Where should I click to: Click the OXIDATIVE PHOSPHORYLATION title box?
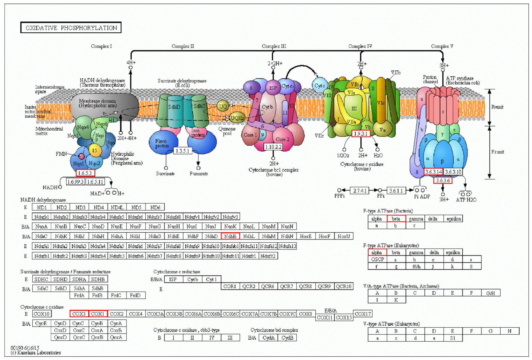click(x=71, y=28)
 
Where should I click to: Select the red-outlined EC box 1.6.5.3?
click(x=85, y=173)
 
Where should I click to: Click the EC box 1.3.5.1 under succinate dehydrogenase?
click(x=182, y=150)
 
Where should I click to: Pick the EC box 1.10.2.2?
click(x=273, y=147)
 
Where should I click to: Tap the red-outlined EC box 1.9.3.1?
click(x=361, y=133)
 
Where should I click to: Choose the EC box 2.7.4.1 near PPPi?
click(x=360, y=191)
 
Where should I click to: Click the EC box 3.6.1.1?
click(x=396, y=191)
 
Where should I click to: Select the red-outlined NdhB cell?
click(x=230, y=236)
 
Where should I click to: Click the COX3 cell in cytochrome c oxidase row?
click(x=79, y=314)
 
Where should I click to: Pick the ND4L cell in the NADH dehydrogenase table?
click(x=117, y=207)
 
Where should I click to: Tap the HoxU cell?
click(x=343, y=236)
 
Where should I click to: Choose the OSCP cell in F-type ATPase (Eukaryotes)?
click(x=377, y=259)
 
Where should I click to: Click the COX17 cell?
click(x=363, y=314)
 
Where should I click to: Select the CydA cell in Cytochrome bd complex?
click(x=268, y=338)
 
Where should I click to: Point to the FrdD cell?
click(x=135, y=295)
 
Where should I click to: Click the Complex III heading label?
click(x=274, y=46)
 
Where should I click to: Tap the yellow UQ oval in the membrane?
click(x=223, y=106)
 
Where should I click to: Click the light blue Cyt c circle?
click(x=320, y=86)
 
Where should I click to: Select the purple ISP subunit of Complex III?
click(x=273, y=88)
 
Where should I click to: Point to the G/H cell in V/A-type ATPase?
click(x=490, y=293)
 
